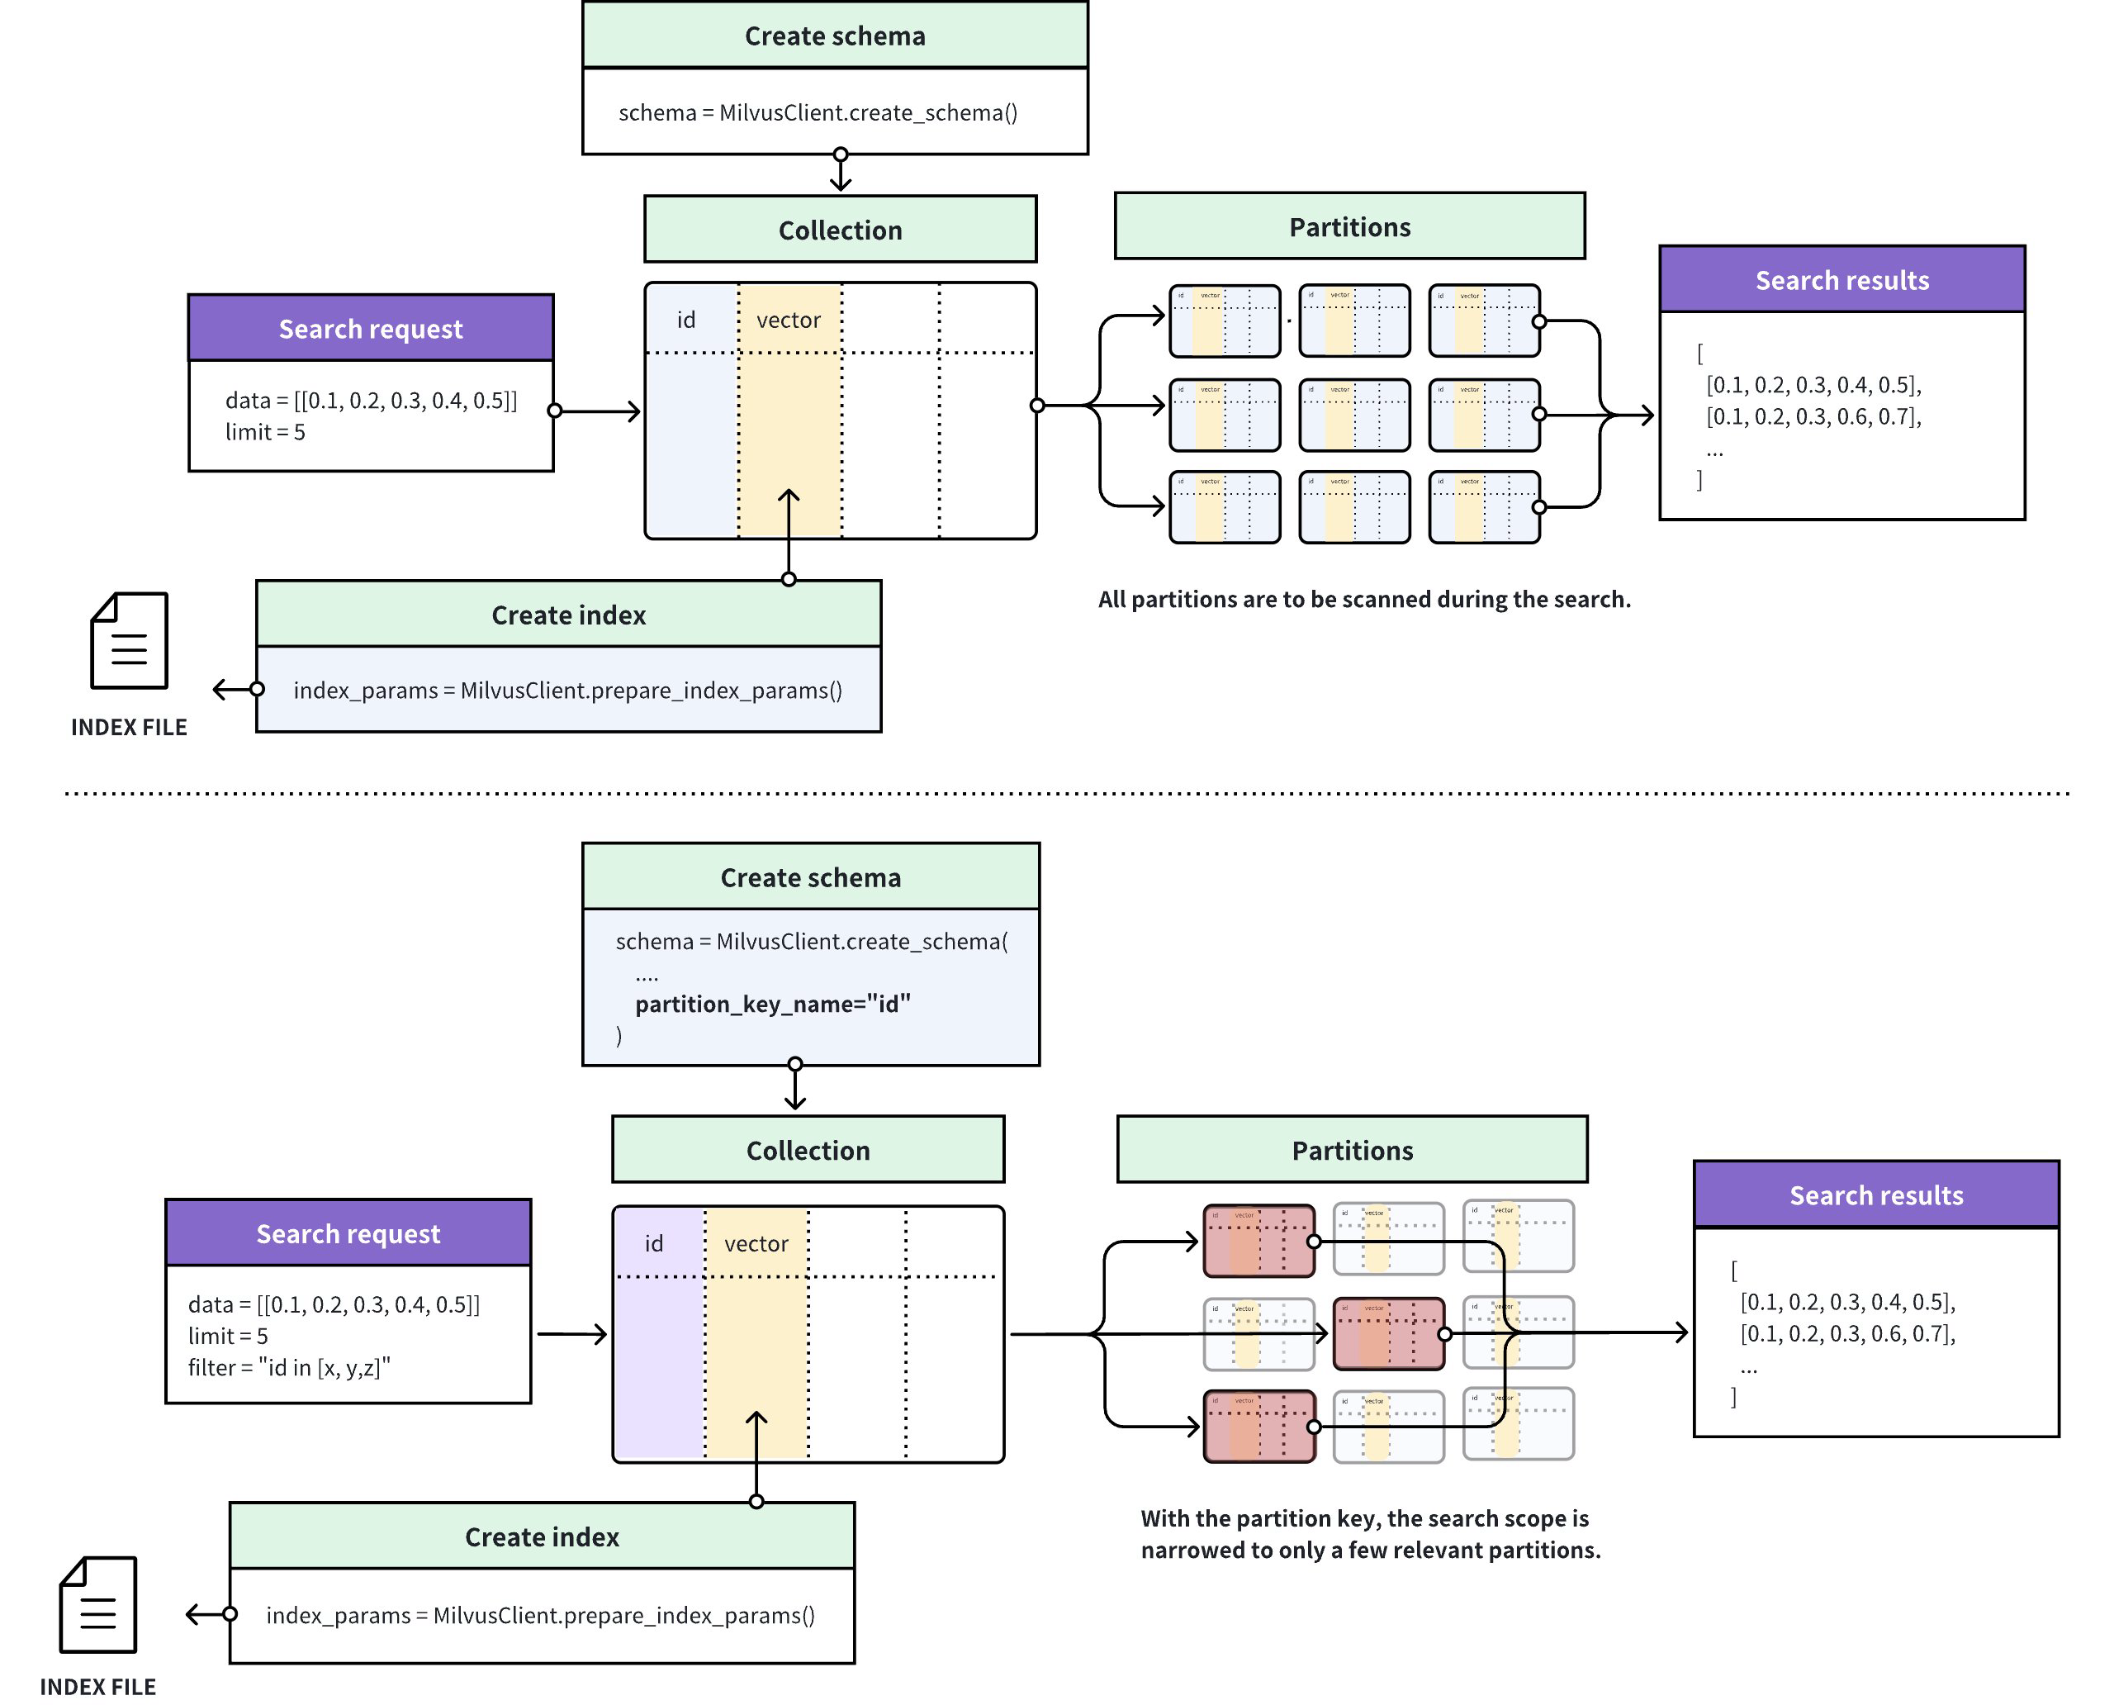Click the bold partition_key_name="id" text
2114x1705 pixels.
coord(772,1004)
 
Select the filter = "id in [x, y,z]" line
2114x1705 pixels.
coord(290,1367)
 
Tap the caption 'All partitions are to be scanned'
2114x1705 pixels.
coord(1364,599)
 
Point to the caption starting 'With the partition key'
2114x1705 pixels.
coord(1370,1533)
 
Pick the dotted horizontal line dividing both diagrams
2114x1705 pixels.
coord(1065,792)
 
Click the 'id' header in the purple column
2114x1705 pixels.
coord(654,1243)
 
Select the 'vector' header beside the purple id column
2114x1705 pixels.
coord(756,1243)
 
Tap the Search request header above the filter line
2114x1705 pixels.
coord(348,1232)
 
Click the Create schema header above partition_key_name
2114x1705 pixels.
coord(810,877)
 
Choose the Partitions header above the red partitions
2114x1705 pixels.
coord(1352,1150)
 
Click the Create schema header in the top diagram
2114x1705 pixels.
coord(835,36)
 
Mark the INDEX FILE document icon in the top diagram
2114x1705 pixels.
coord(130,640)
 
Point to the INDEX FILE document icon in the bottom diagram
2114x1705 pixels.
coord(98,1605)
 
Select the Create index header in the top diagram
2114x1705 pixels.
coord(568,615)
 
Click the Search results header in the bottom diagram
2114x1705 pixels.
coord(1875,1194)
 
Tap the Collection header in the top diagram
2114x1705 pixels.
coord(840,230)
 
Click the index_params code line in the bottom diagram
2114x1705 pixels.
coord(541,1616)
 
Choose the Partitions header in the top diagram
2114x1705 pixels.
coord(1349,227)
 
